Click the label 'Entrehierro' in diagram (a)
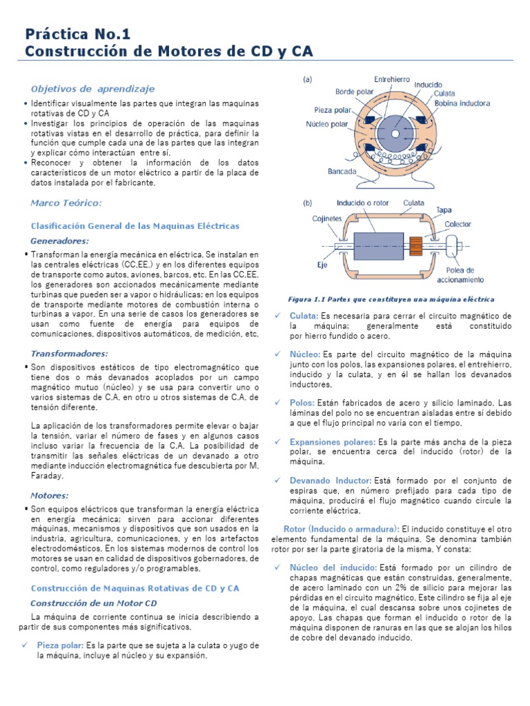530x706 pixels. tap(391, 79)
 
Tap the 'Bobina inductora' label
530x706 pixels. tap(462, 104)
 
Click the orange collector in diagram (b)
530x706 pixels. tap(416, 245)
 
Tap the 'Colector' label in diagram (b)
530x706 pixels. tap(458, 224)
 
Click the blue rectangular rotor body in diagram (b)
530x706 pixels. tap(377, 245)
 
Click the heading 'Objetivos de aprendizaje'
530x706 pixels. tap(92, 89)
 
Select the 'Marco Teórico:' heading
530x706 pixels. tap(66, 203)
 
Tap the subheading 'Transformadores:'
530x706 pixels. tap(70, 353)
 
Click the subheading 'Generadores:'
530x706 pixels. tap(60, 241)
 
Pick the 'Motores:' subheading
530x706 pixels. tap(50, 495)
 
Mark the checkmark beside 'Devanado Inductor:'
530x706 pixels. tap(277, 481)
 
